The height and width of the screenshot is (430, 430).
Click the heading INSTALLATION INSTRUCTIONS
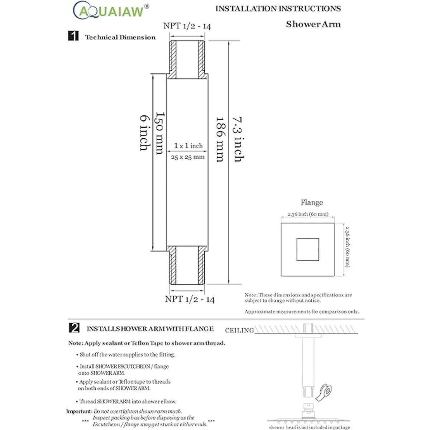tap(278, 9)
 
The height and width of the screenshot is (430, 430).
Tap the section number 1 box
tap(73, 36)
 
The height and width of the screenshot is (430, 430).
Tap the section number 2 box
tap(73, 328)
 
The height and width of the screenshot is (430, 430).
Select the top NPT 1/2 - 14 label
tap(187, 26)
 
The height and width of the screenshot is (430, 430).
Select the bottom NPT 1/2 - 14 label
tap(190, 299)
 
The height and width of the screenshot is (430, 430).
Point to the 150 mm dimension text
tap(159, 133)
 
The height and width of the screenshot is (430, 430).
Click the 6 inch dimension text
tap(144, 133)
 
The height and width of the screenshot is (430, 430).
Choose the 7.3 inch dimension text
tap(238, 139)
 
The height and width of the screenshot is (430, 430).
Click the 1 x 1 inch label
tap(188, 146)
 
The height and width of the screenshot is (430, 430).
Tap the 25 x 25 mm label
tap(187, 157)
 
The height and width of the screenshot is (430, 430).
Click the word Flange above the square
tap(312, 202)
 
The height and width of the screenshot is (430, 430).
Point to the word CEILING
tap(239, 330)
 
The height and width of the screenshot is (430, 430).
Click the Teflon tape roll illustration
tap(326, 392)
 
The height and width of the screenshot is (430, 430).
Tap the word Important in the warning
tap(79, 411)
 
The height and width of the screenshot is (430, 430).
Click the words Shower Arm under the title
tap(313, 24)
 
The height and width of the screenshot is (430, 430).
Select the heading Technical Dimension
tap(120, 37)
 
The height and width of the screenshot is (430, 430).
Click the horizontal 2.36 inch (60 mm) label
tap(308, 214)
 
